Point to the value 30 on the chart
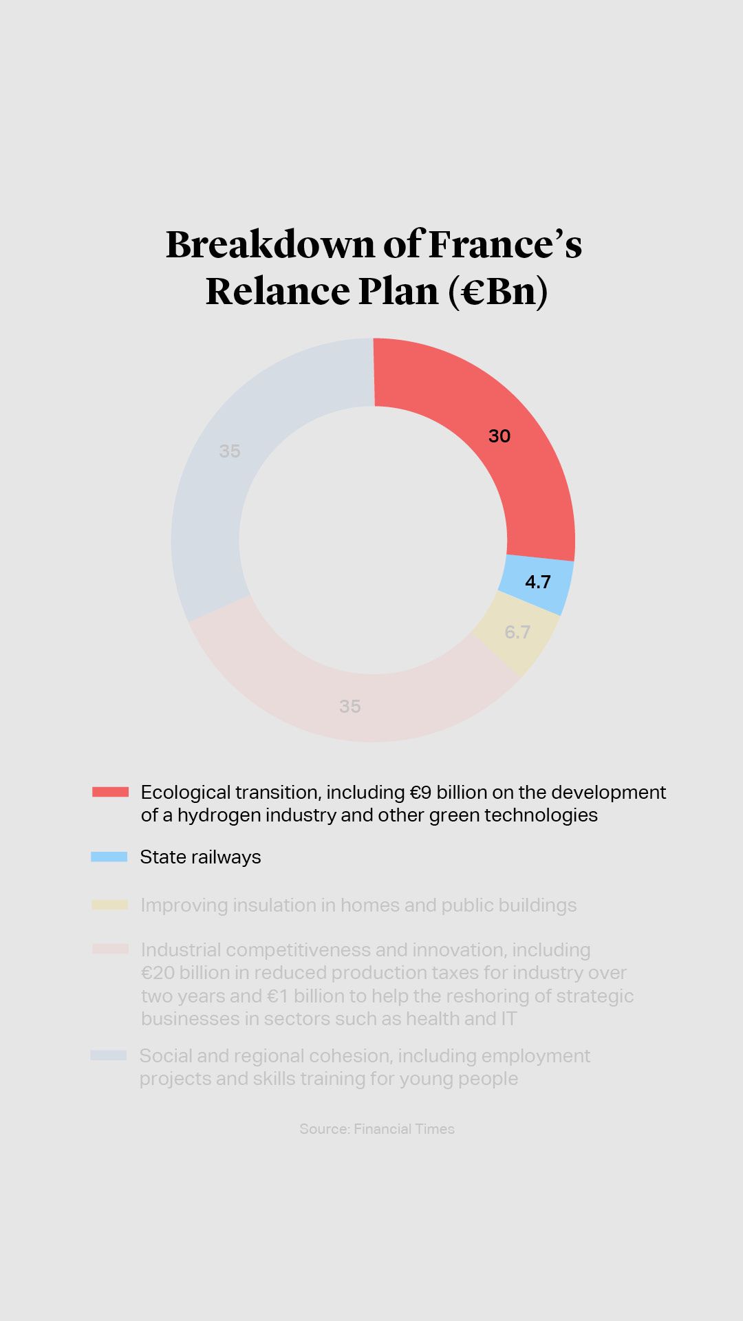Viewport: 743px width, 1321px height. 499,436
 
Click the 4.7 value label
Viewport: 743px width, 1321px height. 538,582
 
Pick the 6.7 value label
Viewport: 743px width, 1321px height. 517,632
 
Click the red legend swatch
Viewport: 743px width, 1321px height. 110,792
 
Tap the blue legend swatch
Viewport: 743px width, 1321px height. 109,857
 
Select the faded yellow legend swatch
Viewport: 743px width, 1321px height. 110,905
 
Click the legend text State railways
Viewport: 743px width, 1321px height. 200,857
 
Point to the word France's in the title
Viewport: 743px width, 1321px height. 505,245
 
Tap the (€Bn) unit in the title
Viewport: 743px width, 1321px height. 498,291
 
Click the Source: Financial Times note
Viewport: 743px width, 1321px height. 377,1129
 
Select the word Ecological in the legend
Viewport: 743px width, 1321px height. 185,793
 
